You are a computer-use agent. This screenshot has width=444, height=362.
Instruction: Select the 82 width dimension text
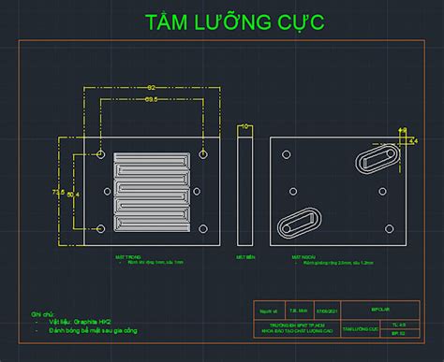150,87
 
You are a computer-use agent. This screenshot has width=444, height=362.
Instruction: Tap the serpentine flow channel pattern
152,191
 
